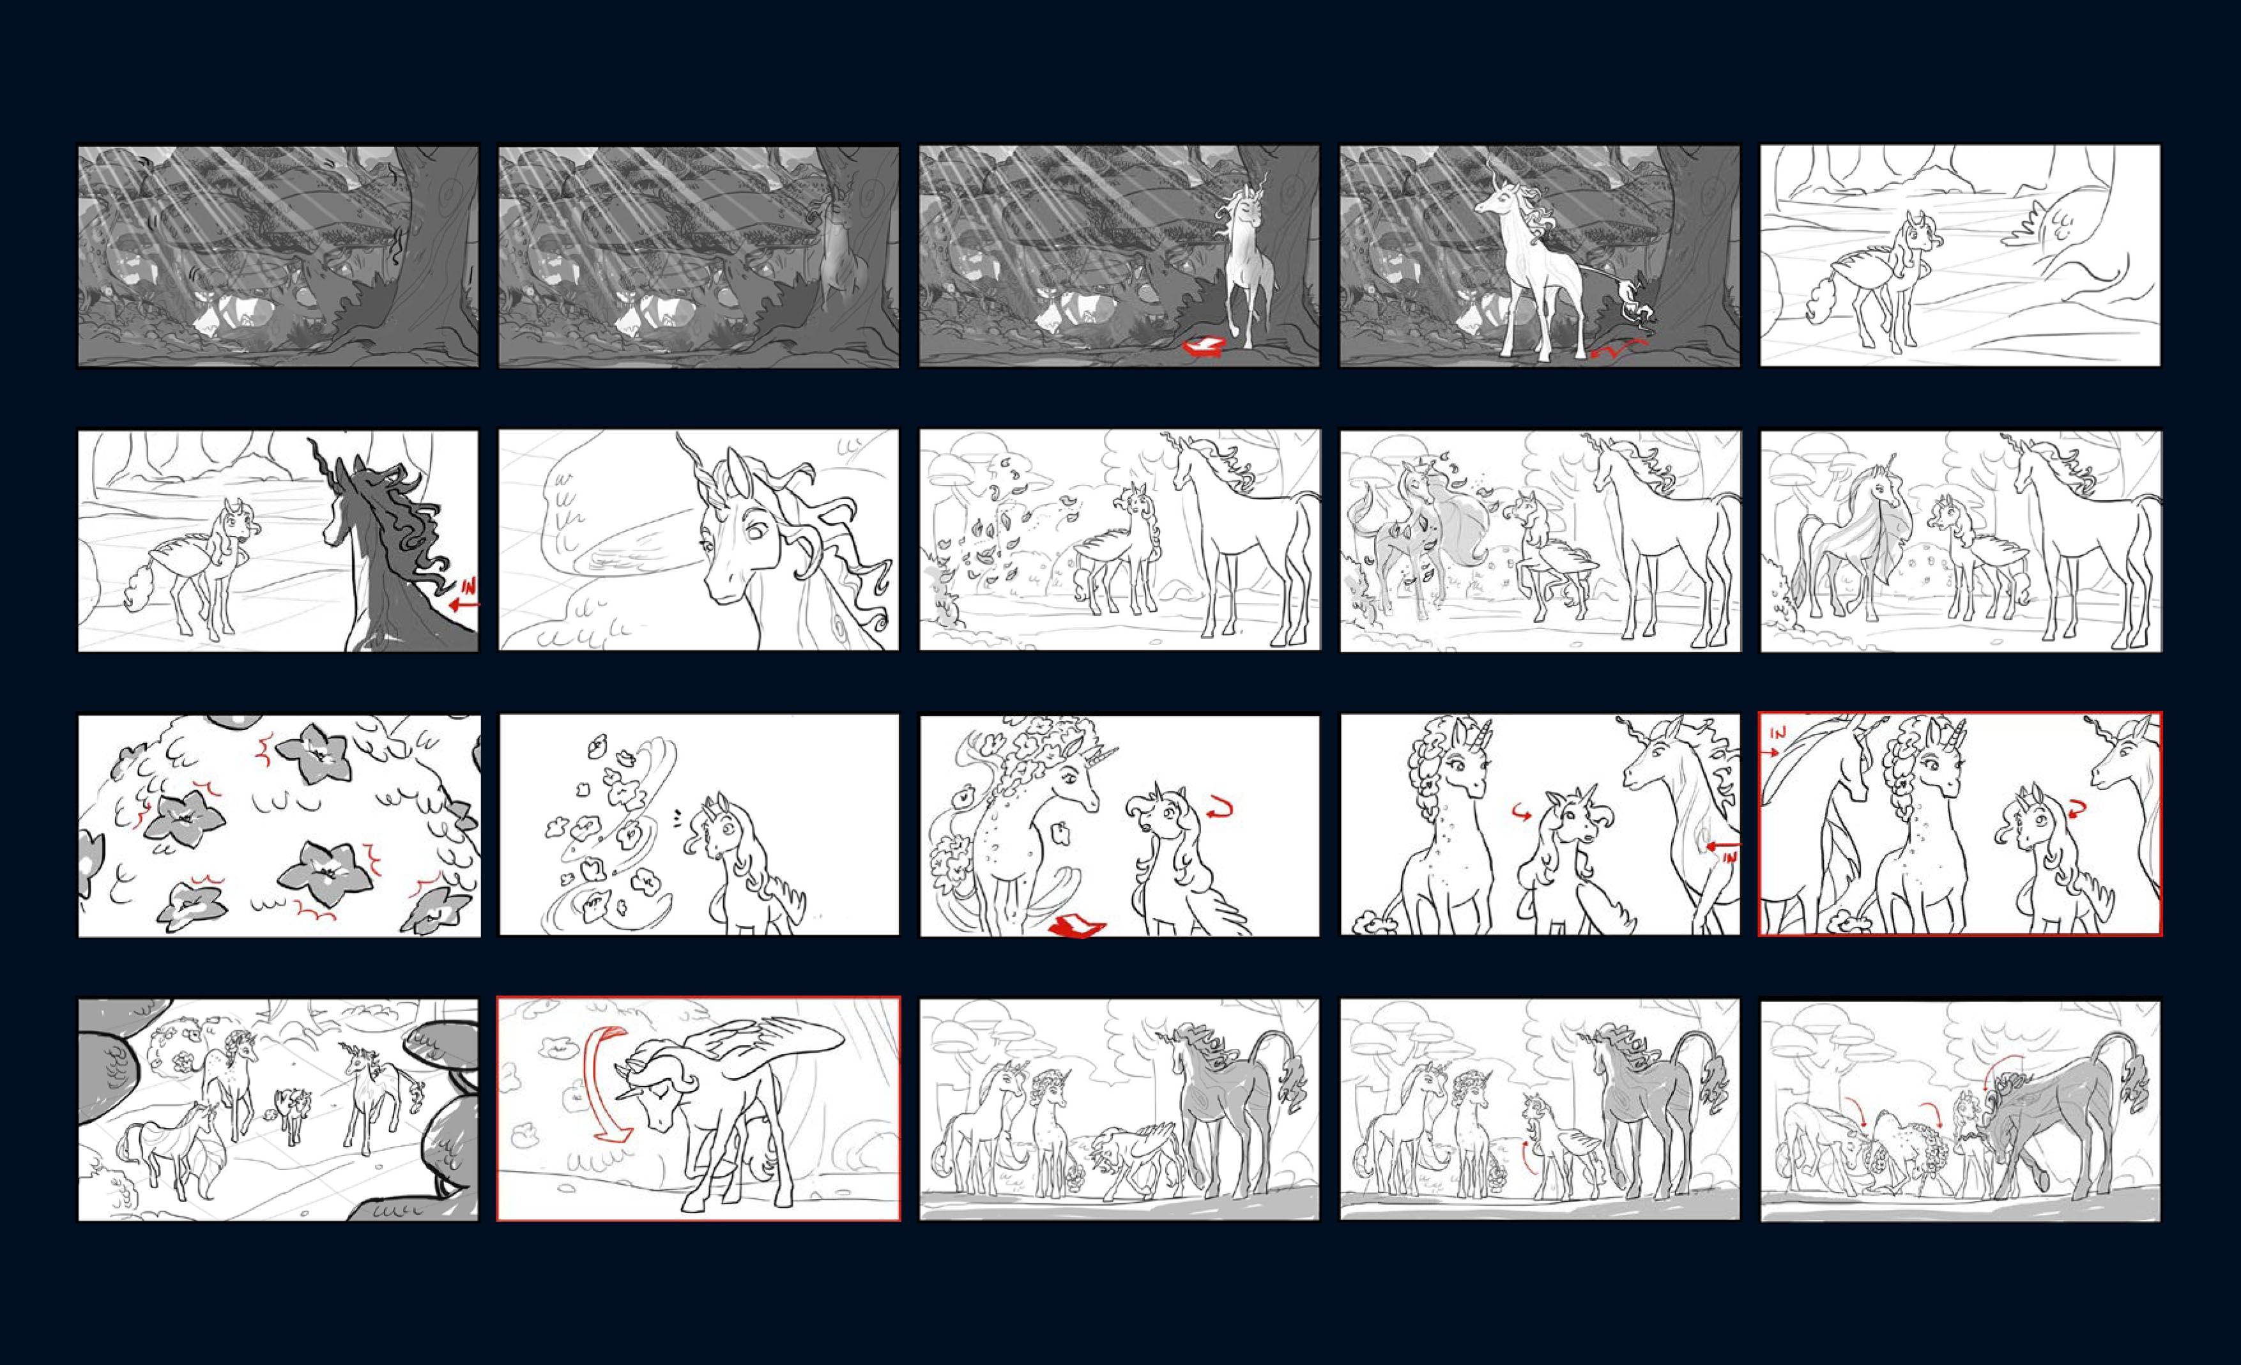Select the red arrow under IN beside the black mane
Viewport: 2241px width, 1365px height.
pyautogui.click(x=463, y=603)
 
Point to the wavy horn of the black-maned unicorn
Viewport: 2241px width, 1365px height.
pyautogui.click(x=323, y=463)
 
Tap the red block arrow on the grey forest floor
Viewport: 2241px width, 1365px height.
pyautogui.click(x=1204, y=346)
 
